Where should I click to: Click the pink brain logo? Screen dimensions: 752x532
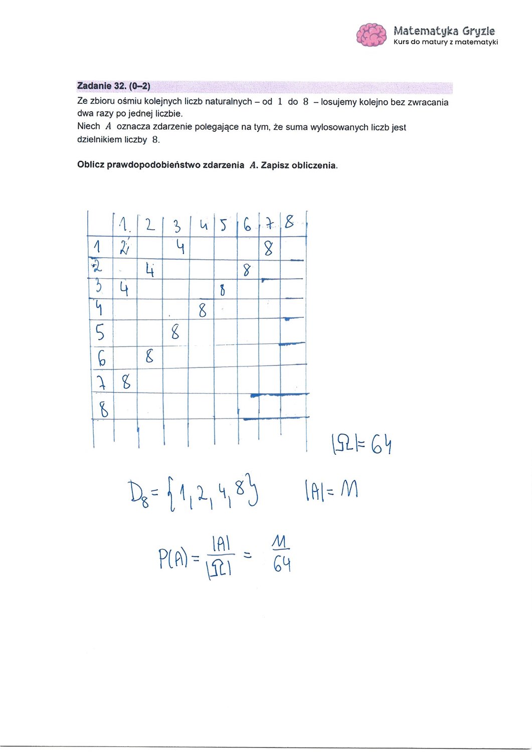tap(372, 35)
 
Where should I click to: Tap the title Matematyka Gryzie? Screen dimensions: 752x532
tap(444, 31)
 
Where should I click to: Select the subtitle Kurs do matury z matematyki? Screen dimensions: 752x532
tap(446, 42)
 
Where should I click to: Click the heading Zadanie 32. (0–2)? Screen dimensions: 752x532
tap(114, 86)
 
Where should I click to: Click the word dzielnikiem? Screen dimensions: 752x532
tap(99, 139)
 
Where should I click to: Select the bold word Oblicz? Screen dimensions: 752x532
tap(91, 165)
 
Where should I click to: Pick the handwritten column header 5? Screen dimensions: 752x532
tap(224, 225)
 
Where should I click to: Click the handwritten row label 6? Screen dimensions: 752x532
tap(102, 358)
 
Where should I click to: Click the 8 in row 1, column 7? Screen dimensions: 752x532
tap(269, 248)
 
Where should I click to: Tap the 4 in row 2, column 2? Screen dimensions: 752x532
tap(149, 271)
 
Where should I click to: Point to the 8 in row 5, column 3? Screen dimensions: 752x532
tap(175, 332)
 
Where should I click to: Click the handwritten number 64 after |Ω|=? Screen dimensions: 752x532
tap(381, 444)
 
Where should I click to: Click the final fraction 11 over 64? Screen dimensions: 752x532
tap(282, 554)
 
